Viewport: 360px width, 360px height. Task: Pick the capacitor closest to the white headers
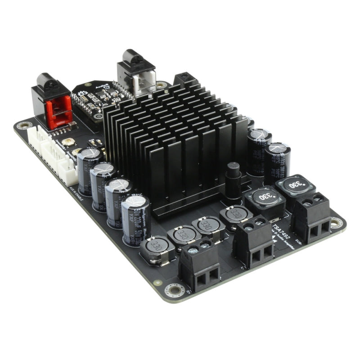[89, 171]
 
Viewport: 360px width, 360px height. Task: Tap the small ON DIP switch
[95, 143]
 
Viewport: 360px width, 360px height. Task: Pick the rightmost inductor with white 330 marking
[295, 185]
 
